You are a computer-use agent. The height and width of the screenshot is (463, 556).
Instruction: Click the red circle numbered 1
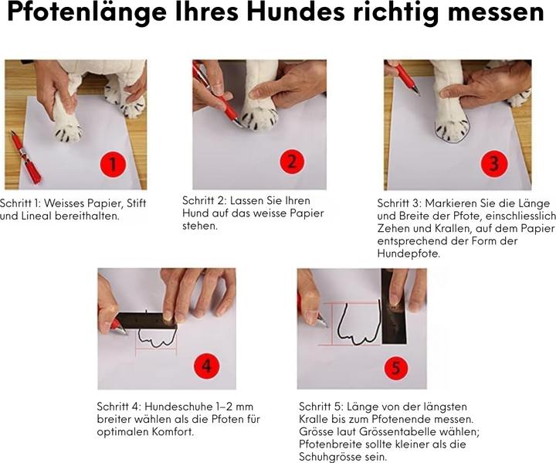coord(113,164)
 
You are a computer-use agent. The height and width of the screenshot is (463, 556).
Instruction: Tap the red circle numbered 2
coord(292,162)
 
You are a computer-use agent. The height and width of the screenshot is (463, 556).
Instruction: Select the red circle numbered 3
coord(494,164)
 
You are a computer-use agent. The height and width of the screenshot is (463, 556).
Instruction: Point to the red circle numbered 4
coord(207,366)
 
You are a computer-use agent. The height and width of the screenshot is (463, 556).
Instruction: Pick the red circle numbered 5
coord(397,367)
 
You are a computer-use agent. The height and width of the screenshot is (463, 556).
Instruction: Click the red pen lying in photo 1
coord(26,157)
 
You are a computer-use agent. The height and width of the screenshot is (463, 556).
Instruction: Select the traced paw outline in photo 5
coord(359,324)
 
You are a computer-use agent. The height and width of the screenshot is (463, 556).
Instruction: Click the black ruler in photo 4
coord(146,321)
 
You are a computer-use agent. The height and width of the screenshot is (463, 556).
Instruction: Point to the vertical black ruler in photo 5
coord(393,306)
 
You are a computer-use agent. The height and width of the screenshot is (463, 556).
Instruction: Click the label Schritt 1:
coord(20,203)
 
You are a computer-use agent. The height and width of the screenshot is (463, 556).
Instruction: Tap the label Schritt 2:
coord(204,201)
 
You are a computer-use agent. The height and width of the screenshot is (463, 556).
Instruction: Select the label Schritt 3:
coord(399,203)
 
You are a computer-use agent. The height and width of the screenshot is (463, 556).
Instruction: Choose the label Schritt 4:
coord(119,407)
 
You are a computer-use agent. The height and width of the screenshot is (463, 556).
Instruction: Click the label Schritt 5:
coord(321,407)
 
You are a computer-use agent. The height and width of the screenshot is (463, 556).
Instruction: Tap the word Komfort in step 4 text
coord(172,432)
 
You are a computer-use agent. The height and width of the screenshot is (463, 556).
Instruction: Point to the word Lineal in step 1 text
coord(36,216)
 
